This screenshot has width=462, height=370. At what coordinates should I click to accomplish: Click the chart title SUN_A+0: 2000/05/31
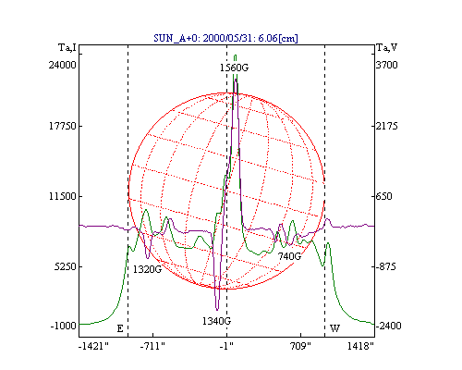click(x=203, y=38)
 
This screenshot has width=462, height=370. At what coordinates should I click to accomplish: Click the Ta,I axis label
click(x=67, y=48)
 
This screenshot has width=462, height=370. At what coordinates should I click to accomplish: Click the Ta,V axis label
click(x=387, y=48)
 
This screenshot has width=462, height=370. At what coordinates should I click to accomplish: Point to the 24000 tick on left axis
click(x=62, y=65)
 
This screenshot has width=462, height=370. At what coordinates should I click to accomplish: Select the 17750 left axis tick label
click(x=63, y=126)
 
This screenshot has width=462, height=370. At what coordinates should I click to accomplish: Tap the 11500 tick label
click(x=63, y=196)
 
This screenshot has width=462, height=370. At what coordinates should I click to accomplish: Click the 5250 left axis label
click(x=65, y=266)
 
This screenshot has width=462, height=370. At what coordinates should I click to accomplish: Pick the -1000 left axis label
click(x=64, y=326)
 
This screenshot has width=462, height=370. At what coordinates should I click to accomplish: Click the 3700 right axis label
click(x=387, y=65)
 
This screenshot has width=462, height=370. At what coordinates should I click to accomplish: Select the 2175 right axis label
click(x=387, y=126)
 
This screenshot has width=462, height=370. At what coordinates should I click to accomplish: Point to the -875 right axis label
click(x=385, y=266)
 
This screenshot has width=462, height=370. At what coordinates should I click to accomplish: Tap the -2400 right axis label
click(x=388, y=326)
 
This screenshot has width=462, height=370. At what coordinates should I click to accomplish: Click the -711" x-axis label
click(x=152, y=346)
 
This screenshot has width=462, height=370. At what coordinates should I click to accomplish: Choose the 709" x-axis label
click(x=300, y=346)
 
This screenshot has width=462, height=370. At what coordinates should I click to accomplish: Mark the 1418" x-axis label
click(x=360, y=346)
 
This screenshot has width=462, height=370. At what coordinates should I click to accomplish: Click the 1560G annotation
click(x=234, y=68)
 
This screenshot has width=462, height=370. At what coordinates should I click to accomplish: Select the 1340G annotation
click(x=216, y=321)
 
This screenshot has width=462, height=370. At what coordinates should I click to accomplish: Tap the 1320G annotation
click(x=147, y=269)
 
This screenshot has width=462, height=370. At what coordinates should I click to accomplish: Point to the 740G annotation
click(x=289, y=256)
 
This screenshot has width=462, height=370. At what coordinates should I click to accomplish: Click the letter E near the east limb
click(x=120, y=328)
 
